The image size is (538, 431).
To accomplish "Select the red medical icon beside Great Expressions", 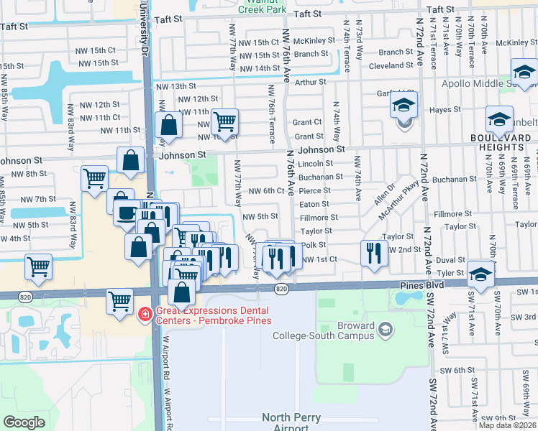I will [145, 314].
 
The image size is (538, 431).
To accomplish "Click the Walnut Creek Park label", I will [263, 6].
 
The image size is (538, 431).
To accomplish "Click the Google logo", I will [24, 422].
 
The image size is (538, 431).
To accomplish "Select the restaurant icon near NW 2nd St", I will [373, 253].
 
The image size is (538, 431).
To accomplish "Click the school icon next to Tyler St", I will [480, 273].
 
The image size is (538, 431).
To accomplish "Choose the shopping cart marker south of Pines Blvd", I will [119, 301].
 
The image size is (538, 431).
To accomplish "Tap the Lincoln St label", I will [315, 164].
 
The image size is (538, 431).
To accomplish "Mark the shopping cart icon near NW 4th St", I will [38, 267].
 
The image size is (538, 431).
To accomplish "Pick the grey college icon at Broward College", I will [386, 330].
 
